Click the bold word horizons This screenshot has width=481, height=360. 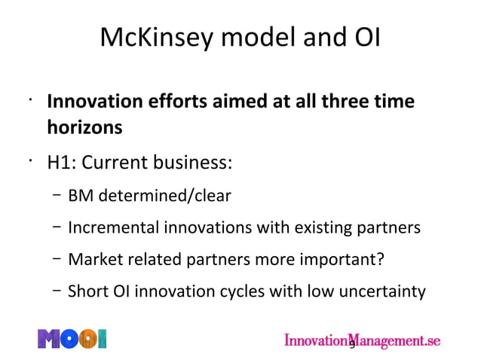[84, 127]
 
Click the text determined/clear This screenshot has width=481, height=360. [161, 196]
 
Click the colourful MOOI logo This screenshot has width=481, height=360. [72, 339]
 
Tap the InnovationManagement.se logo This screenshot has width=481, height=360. [361, 340]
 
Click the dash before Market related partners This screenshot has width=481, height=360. [57, 259]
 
